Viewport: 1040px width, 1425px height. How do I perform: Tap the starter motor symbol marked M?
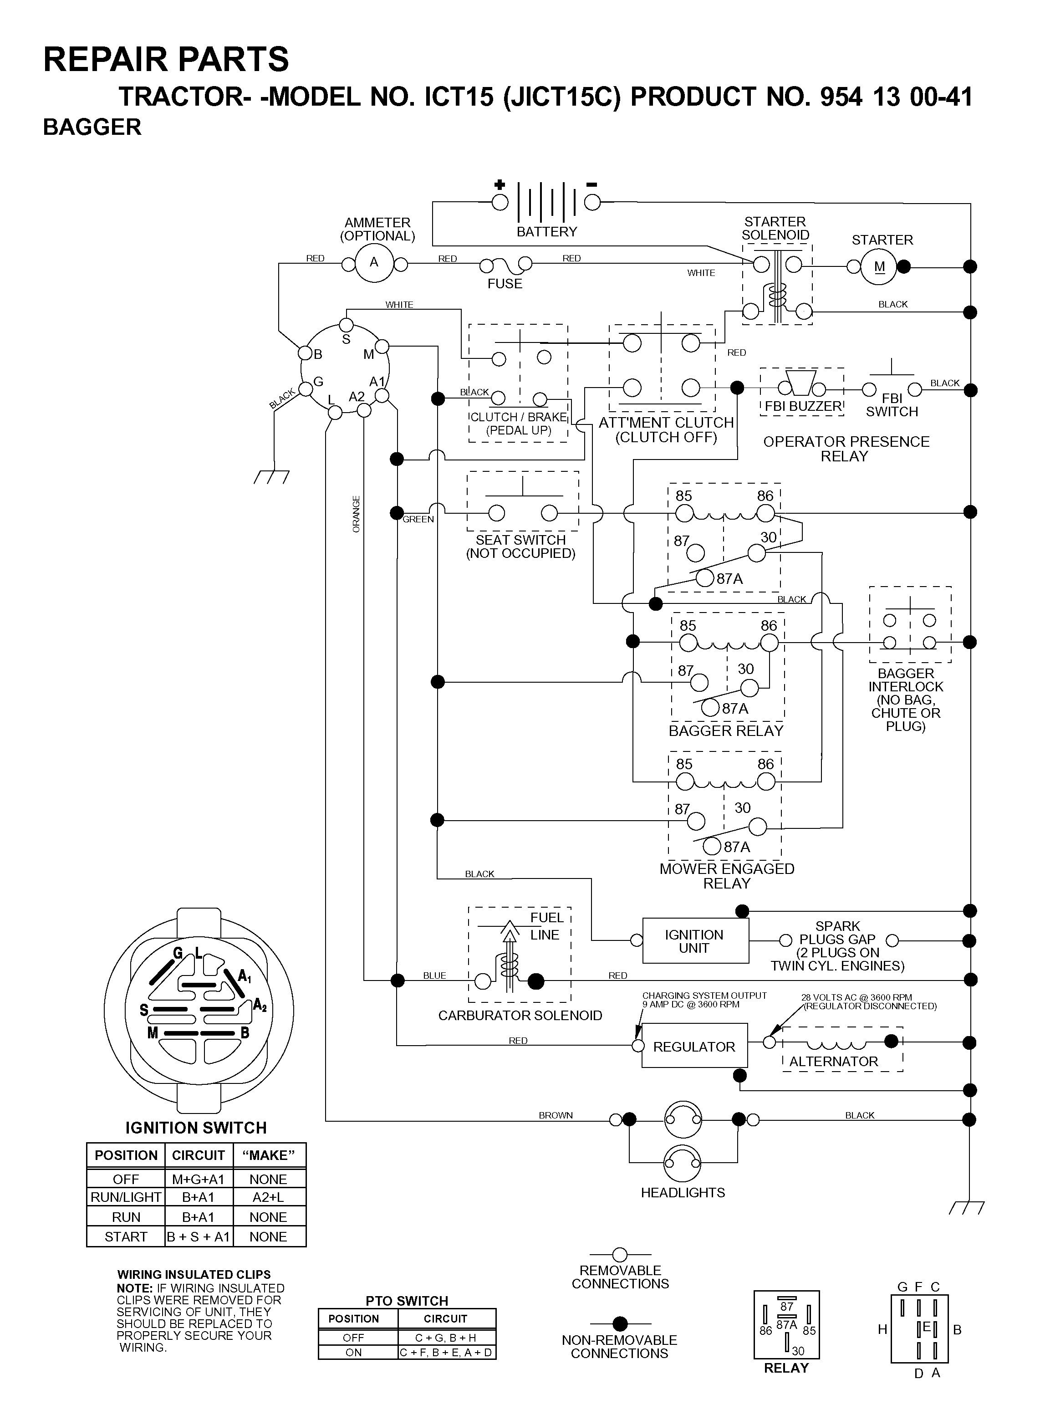[x=879, y=266]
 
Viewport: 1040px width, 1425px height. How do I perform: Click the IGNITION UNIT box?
[x=695, y=941]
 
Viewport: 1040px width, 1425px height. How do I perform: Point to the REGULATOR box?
[x=694, y=1046]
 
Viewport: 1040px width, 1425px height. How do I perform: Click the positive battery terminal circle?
[x=500, y=202]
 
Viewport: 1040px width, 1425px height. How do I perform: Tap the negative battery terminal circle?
[x=592, y=202]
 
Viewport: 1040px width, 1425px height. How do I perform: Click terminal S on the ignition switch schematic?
[x=346, y=325]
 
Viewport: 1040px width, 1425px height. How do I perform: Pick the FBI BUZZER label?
[x=803, y=406]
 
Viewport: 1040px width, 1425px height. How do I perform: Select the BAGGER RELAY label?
[x=726, y=730]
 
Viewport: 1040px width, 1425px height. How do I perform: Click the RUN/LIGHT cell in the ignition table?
[x=126, y=1197]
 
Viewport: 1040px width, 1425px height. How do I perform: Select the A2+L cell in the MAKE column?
[x=268, y=1197]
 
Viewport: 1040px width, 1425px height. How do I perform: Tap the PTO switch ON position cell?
[x=354, y=1353]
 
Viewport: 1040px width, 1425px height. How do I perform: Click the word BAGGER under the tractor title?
[x=92, y=127]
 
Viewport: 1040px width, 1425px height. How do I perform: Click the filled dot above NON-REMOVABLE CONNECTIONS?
[x=620, y=1323]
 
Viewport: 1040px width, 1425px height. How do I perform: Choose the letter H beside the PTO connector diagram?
[x=882, y=1329]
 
